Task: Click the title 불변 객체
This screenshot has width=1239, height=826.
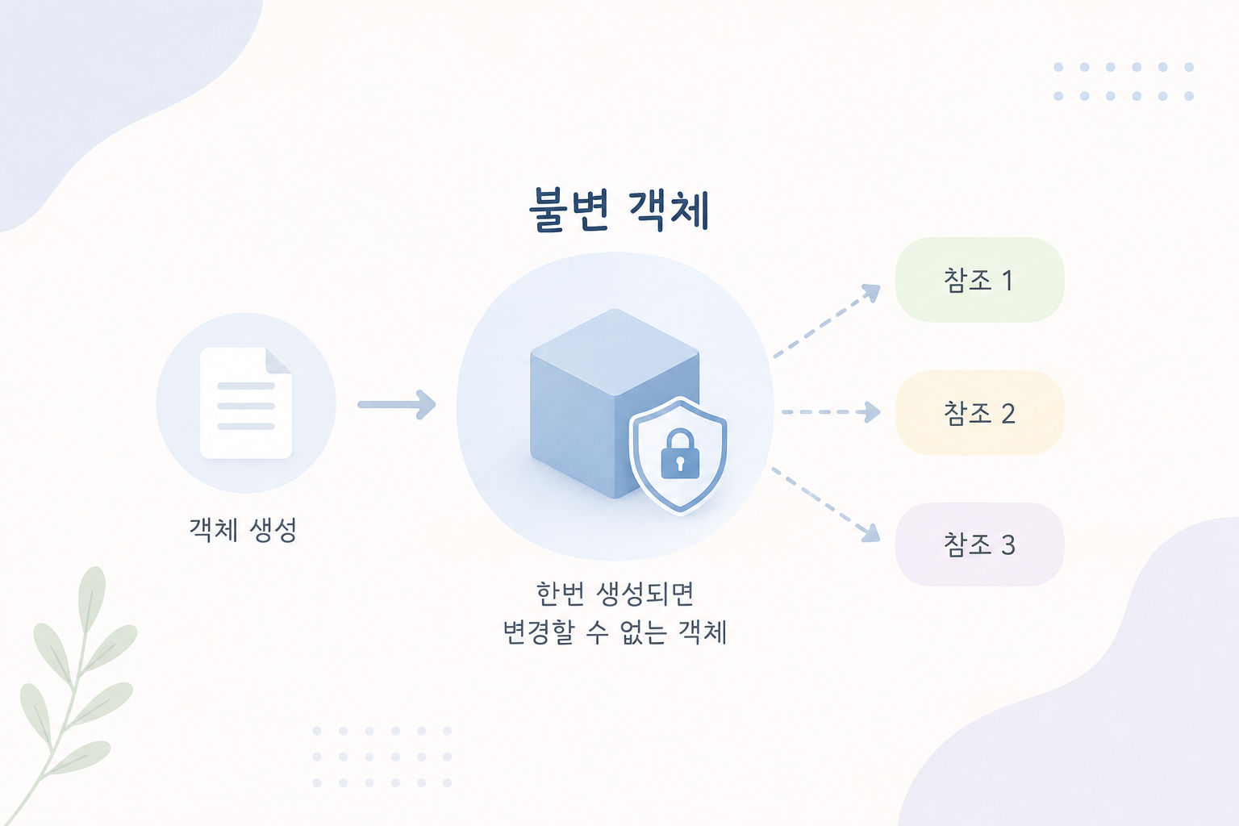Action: click(619, 211)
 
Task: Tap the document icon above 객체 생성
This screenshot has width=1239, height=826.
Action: click(246, 403)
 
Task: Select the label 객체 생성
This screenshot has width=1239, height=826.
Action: click(244, 530)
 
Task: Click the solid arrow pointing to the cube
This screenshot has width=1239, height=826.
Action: click(397, 404)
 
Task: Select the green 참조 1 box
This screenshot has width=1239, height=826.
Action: click(979, 280)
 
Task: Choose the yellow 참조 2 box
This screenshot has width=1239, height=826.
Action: click(979, 413)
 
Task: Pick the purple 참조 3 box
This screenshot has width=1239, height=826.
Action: click(979, 544)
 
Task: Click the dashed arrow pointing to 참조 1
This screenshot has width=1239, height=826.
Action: click(826, 321)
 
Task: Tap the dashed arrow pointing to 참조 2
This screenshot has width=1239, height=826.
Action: click(831, 412)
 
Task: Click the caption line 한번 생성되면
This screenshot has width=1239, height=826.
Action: click(615, 594)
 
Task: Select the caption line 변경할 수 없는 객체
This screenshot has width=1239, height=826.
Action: click(615, 632)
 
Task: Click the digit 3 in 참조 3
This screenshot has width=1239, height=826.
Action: click(1007, 545)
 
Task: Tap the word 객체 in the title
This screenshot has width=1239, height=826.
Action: click(670, 211)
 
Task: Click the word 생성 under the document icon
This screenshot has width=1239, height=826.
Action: click(273, 530)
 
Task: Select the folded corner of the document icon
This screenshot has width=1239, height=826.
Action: click(279, 360)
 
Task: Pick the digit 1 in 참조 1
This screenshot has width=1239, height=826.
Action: click(1007, 281)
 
